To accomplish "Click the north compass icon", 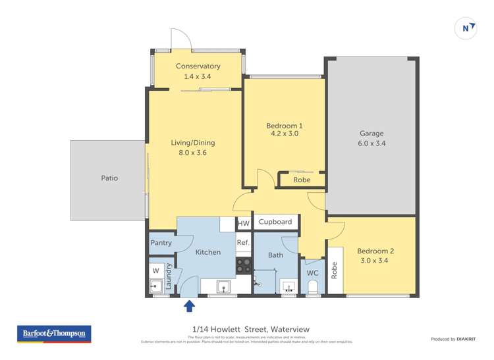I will [x=466, y=28].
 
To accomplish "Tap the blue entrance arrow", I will [x=189, y=305].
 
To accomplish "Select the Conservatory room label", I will [x=198, y=66].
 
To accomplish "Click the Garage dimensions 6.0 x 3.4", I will [x=371, y=143].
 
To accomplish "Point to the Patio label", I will [x=109, y=178].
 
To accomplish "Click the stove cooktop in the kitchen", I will [x=243, y=265].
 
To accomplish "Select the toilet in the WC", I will [x=313, y=286].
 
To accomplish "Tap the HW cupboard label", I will [x=243, y=224].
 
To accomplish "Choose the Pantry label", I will [x=161, y=243].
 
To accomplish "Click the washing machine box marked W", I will [x=156, y=270].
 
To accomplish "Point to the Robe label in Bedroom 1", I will [x=302, y=180].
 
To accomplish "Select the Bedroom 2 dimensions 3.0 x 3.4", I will [x=375, y=261].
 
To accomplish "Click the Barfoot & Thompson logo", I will [x=54, y=334].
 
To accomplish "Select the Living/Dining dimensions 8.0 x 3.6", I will [x=193, y=153].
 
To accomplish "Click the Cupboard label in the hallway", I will [x=275, y=222].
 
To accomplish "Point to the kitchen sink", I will [x=223, y=286].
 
